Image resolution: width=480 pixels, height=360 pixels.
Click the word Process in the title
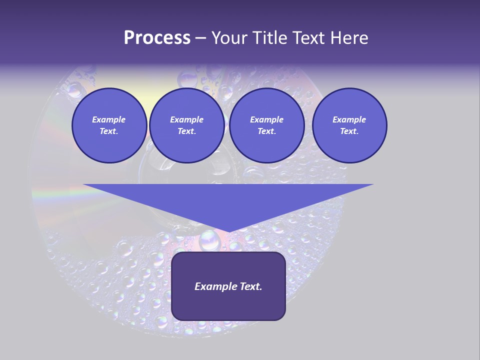tap(157, 38)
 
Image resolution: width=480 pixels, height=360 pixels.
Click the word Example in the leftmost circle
tap(109, 119)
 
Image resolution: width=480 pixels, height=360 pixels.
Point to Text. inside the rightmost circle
tap(349, 131)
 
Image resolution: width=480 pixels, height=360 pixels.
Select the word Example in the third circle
tap(266, 119)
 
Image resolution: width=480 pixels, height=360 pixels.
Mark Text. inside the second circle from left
tap(186, 131)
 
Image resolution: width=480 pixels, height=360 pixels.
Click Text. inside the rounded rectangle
tap(250, 286)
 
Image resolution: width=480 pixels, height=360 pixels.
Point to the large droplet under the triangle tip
tap(210, 241)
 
